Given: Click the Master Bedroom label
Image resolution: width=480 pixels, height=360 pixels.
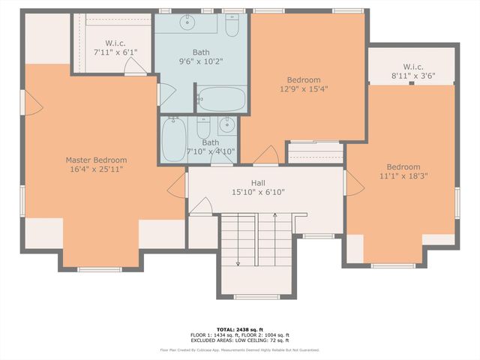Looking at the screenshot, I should (x=95, y=160).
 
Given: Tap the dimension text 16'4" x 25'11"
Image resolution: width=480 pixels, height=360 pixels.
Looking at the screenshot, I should (x=95, y=170).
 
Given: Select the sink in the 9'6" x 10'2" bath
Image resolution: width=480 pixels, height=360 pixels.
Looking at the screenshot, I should (x=184, y=23).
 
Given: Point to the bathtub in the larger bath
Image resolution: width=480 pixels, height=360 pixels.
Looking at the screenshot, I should (x=220, y=98).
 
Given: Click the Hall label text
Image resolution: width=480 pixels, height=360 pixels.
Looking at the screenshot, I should (x=257, y=182).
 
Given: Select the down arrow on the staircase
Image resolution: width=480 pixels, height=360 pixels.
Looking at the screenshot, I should (x=238, y=262).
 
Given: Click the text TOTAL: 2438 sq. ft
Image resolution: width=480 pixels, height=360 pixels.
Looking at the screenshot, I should (x=239, y=330).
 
